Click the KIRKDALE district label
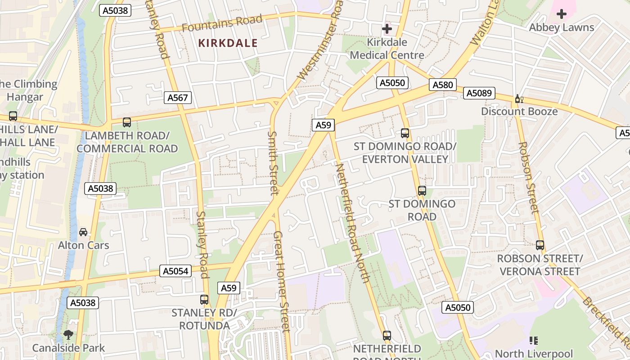click(x=228, y=43)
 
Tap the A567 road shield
click(x=178, y=98)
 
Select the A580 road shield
click(x=442, y=85)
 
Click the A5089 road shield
click(x=480, y=93)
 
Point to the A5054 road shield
click(x=175, y=271)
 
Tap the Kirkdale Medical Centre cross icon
click(x=387, y=29)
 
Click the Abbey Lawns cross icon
click(x=561, y=14)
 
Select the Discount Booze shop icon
click(x=519, y=99)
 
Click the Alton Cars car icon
click(x=83, y=232)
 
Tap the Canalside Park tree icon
click(x=68, y=334)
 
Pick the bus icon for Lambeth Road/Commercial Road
click(x=127, y=122)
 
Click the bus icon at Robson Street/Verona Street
click(x=540, y=245)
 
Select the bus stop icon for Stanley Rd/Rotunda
click(x=204, y=299)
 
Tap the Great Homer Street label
click(x=281, y=281)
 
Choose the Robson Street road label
click(x=528, y=177)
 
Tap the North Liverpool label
click(x=534, y=353)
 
